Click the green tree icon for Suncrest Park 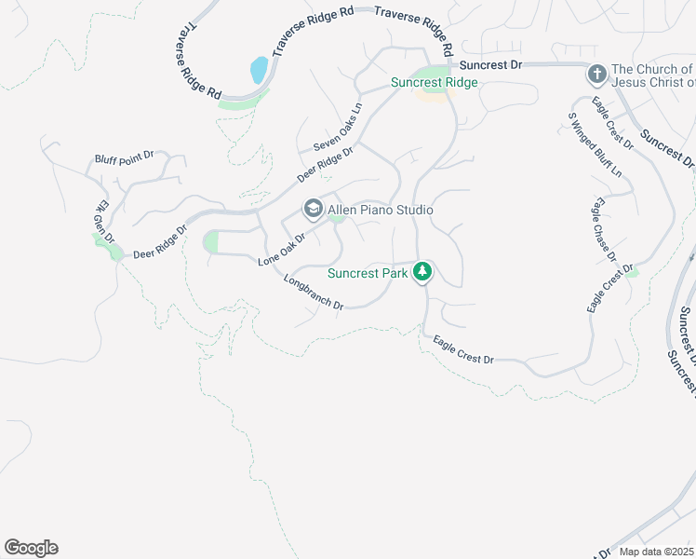point(423,272)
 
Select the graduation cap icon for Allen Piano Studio point(313,209)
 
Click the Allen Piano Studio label point(380,210)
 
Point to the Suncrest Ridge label point(434,82)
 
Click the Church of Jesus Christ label point(652,76)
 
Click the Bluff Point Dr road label point(125,158)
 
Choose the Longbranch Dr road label point(314,293)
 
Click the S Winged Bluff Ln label point(595,145)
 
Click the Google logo point(31,548)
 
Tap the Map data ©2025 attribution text point(657,552)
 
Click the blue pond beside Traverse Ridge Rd point(259,70)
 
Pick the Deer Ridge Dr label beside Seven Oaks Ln point(326,164)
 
